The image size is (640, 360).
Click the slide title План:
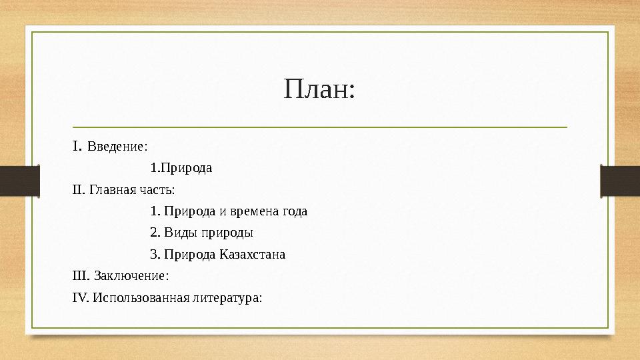pyautogui.click(x=319, y=89)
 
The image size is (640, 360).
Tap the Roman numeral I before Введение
pyautogui.click(x=77, y=145)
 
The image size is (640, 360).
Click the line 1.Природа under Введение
pyautogui.click(x=181, y=168)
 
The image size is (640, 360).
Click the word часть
pyautogui.click(x=157, y=190)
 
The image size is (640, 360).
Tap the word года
pyautogui.click(x=295, y=211)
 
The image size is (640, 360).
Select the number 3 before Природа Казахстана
pyautogui.click(x=154, y=254)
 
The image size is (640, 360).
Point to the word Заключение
pyautogui.click(x=131, y=275)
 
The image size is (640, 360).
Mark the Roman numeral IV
pyautogui.click(x=79, y=297)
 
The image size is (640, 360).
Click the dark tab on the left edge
pyautogui.click(x=19, y=180)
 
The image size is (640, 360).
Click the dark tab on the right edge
pyautogui.click(x=620, y=180)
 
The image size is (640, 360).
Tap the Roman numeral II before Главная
pyautogui.click(x=78, y=190)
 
